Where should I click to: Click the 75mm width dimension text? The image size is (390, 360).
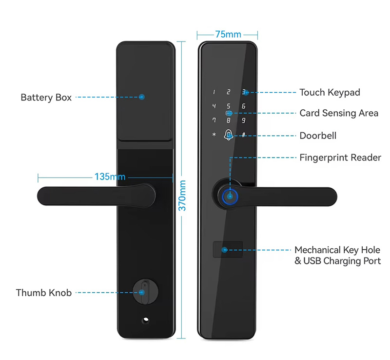click(x=228, y=34)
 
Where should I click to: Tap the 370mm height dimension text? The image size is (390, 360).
click(x=182, y=196)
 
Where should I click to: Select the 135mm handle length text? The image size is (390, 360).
click(x=110, y=177)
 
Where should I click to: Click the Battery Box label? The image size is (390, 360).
click(x=46, y=98)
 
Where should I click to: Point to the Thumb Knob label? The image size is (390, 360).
click(x=44, y=293)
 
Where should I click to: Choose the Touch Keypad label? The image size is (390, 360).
click(x=330, y=92)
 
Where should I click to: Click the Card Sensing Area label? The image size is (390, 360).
click(x=339, y=113)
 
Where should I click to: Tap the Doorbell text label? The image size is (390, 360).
click(x=318, y=136)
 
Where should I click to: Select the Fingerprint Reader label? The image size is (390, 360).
click(x=340, y=158)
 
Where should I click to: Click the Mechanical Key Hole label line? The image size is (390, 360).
click(x=337, y=250)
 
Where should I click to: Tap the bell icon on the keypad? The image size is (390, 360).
click(x=228, y=135)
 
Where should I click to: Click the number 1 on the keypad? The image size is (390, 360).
click(x=214, y=92)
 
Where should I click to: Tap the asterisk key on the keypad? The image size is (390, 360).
click(x=214, y=135)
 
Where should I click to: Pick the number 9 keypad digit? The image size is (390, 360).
click(x=243, y=120)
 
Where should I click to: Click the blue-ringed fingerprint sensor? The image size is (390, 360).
click(x=230, y=197)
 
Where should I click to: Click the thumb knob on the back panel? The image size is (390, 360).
click(x=145, y=292)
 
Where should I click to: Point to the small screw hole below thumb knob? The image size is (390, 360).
click(x=146, y=320)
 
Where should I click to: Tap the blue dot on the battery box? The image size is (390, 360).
click(x=142, y=97)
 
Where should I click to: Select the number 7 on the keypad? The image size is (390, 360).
click(x=214, y=120)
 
